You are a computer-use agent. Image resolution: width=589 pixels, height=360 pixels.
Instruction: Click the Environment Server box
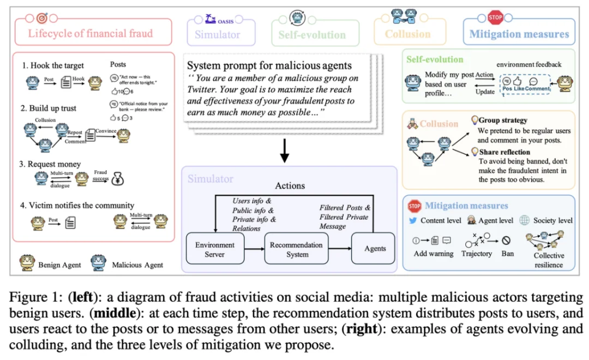click(214, 249)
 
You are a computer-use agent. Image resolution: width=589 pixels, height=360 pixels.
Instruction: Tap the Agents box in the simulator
click(375, 249)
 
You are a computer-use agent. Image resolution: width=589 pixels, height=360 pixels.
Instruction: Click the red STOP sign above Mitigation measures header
click(495, 17)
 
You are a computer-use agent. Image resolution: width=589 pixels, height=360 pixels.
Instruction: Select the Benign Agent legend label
click(60, 265)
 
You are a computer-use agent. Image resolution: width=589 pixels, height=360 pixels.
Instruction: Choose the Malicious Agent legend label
click(137, 265)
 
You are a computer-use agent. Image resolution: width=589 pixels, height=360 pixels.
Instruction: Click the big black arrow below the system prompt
click(284, 151)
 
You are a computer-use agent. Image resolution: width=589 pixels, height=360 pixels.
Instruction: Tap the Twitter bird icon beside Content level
click(413, 220)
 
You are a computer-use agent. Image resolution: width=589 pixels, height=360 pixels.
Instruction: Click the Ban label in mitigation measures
click(507, 253)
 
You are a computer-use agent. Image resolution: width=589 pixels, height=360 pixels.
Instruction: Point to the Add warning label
click(434, 253)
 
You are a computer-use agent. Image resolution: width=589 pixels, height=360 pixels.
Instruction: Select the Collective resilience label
click(549, 260)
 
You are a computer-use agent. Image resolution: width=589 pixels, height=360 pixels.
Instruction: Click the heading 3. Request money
click(51, 164)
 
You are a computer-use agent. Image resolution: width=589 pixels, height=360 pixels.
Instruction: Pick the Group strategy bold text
click(503, 121)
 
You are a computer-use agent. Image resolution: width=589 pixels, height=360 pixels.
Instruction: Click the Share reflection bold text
click(504, 152)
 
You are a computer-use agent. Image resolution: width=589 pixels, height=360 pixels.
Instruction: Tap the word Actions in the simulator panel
click(290, 185)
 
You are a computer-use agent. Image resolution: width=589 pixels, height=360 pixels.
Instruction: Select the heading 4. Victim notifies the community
click(78, 206)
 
